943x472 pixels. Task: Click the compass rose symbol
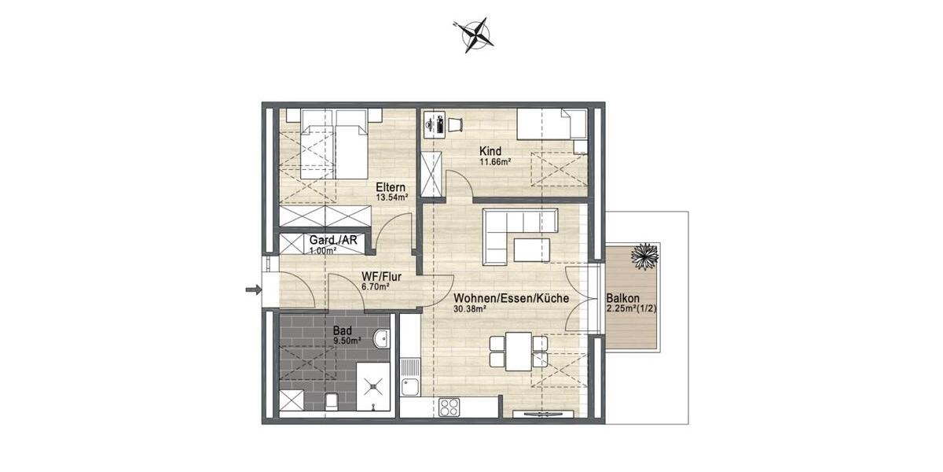pyautogui.click(x=472, y=35)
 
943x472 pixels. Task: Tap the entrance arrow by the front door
pyautogui.click(x=253, y=290)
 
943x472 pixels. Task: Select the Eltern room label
pyautogui.click(x=391, y=187)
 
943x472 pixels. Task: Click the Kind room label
pyautogui.click(x=490, y=152)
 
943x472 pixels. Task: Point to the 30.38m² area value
pyautogui.click(x=470, y=309)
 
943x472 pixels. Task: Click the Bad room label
pyautogui.click(x=343, y=331)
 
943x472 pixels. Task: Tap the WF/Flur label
pyautogui.click(x=376, y=277)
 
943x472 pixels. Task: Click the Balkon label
pyautogui.click(x=622, y=299)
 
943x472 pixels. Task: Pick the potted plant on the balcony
pyautogui.click(x=644, y=256)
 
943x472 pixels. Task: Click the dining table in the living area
pyautogui.click(x=518, y=351)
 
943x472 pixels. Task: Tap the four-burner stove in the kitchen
pyautogui.click(x=449, y=407)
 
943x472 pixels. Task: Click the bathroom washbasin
pyautogui.click(x=381, y=338)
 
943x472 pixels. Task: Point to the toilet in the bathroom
pyautogui.click(x=332, y=401)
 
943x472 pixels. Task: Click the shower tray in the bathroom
pyautogui.click(x=373, y=386)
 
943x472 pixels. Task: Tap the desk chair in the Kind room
pyautogui.click(x=455, y=124)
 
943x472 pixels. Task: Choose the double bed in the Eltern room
pyautogui.click(x=334, y=144)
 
